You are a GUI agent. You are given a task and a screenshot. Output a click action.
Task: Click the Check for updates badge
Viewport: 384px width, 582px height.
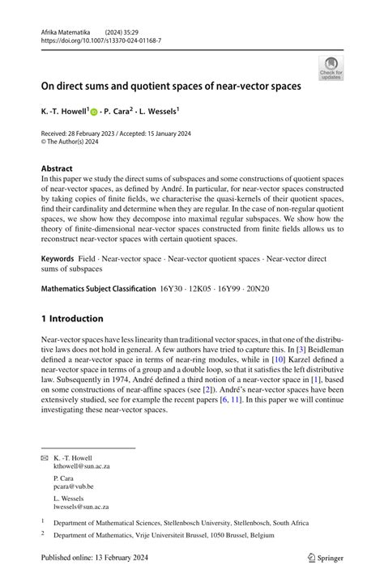[x=331, y=67]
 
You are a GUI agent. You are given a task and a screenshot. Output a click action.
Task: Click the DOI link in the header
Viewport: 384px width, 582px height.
[x=101, y=40]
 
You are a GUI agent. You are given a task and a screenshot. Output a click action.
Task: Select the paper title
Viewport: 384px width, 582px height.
[x=171, y=84]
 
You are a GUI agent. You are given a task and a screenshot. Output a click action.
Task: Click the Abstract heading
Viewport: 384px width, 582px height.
[x=58, y=170]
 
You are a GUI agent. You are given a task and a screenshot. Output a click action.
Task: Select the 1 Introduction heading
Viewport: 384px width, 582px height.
[x=72, y=318]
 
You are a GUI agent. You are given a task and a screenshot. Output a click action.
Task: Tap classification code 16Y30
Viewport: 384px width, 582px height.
[x=172, y=288]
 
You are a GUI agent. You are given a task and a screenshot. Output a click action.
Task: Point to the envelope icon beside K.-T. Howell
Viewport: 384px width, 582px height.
[x=45, y=458]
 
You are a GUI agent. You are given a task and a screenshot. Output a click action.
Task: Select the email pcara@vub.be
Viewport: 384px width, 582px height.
[x=74, y=487]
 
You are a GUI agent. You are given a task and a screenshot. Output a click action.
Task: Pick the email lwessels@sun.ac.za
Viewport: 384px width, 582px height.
[x=81, y=508]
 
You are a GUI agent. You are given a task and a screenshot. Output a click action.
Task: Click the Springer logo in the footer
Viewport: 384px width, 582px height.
[x=326, y=558]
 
